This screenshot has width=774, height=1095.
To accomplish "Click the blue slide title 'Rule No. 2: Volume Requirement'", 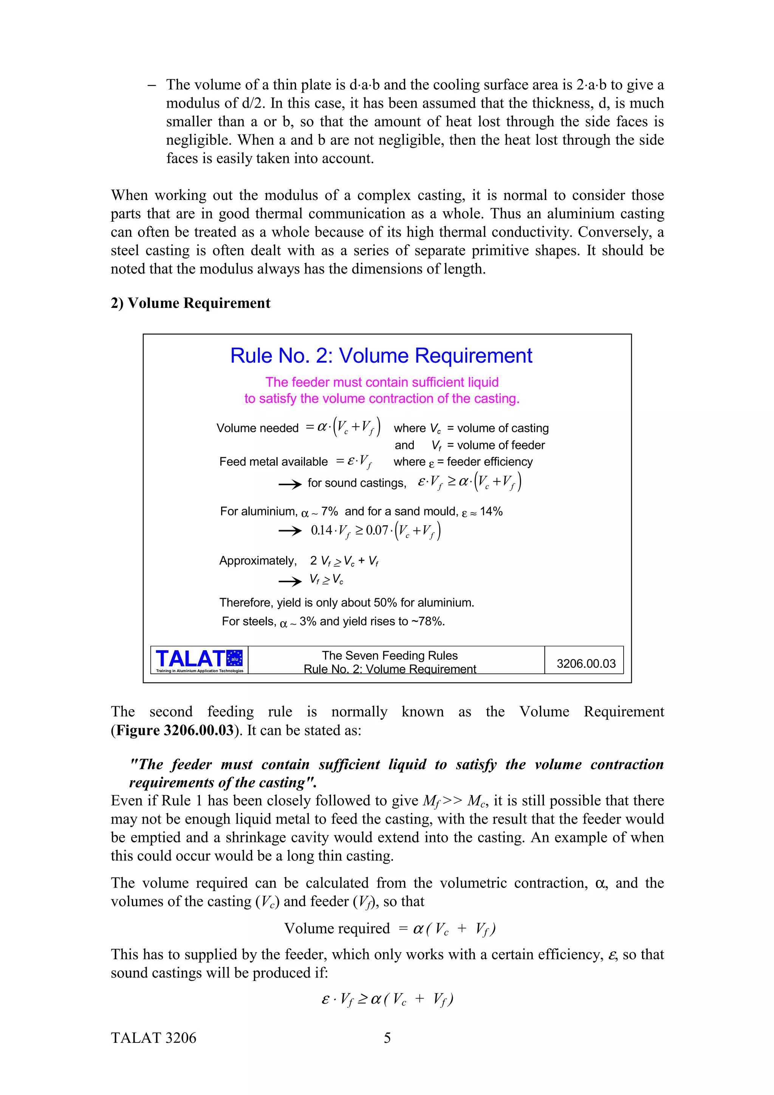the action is tap(381, 356).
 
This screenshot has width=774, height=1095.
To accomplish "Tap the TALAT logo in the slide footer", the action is tap(199, 660).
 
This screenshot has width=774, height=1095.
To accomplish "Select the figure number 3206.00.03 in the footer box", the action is tap(586, 663).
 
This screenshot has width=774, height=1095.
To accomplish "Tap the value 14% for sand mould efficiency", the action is tap(491, 511).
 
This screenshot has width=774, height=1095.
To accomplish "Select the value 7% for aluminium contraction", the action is tap(329, 511).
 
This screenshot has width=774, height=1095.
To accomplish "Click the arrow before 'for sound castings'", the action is tap(290, 484).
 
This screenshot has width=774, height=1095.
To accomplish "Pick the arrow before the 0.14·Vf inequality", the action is tap(290, 531).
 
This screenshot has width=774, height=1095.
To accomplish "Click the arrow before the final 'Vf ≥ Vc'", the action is tap(290, 581).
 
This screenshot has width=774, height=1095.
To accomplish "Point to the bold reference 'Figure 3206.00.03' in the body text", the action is tap(175, 730).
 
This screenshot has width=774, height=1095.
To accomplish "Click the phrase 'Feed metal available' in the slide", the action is tap(273, 462).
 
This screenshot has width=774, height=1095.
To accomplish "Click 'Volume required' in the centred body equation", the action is tap(337, 928).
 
